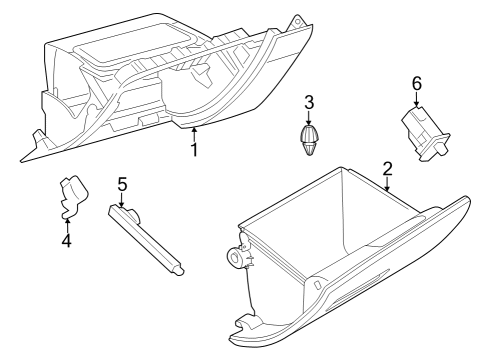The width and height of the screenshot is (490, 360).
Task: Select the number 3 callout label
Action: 310,101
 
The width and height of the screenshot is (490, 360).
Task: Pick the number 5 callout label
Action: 122,184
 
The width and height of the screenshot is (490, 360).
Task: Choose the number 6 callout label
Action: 416,84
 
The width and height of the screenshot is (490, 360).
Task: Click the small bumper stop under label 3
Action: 310,139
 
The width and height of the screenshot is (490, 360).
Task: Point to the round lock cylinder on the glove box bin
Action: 238,257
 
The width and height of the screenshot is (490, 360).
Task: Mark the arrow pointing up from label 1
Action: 195,133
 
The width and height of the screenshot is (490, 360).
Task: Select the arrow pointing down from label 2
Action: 387,184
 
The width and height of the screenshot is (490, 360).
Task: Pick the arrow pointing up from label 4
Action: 67,222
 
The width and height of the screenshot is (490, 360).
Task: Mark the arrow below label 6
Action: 416,100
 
